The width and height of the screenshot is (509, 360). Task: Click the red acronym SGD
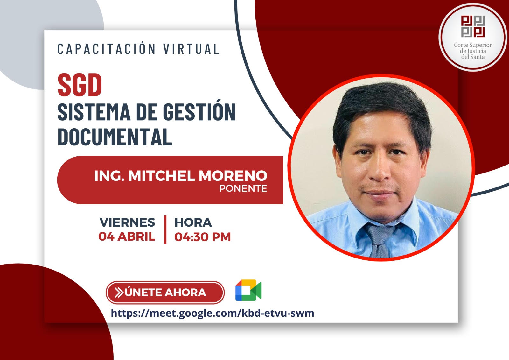(80, 85)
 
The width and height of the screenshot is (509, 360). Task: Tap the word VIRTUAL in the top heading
(191, 49)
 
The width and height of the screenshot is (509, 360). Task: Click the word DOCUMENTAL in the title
(115, 137)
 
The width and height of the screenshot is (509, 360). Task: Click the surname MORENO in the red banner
(233, 176)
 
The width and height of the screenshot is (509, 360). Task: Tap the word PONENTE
(243, 188)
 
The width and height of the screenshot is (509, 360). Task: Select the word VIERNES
(127, 222)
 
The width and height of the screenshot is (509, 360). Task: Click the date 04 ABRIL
(127, 236)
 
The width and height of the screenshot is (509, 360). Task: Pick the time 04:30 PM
(202, 237)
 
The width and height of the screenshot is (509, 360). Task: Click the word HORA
(193, 222)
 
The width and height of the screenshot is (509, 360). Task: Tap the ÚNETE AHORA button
(165, 293)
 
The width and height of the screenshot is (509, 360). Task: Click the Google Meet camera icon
(248, 290)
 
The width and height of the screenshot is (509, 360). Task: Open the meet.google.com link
(213, 313)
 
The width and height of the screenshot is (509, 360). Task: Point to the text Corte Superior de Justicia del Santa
(473, 51)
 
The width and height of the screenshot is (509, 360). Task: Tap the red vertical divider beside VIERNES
(165, 229)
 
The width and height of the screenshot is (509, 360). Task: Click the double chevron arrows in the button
(119, 293)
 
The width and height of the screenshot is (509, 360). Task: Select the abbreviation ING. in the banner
(109, 176)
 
